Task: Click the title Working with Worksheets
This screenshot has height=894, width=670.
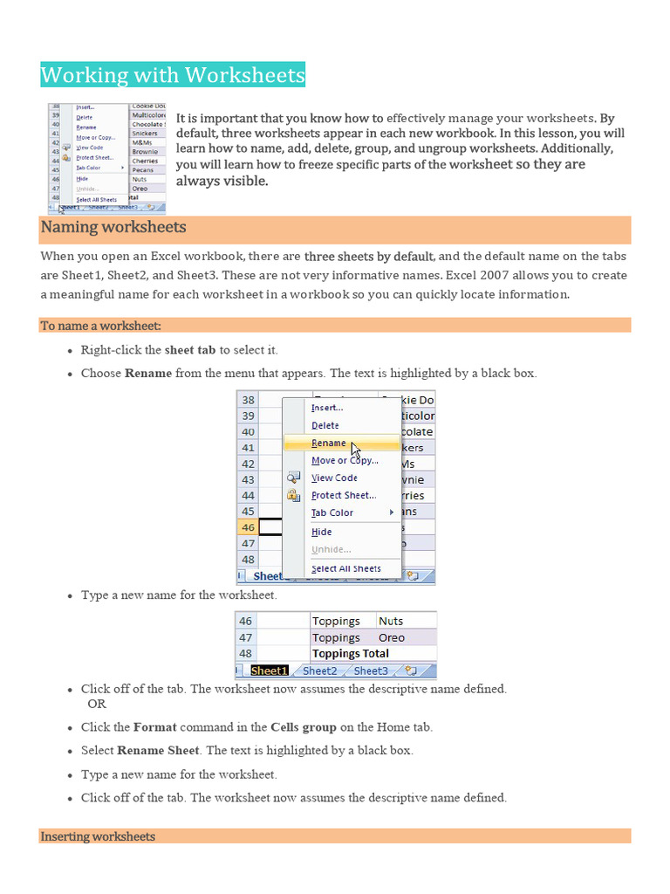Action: pos(173,75)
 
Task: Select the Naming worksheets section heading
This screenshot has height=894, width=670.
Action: pos(113,228)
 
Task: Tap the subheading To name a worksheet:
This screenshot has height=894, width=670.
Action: pos(100,326)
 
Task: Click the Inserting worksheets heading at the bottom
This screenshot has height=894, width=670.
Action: pos(98,836)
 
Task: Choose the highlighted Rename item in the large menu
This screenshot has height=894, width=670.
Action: pos(329,444)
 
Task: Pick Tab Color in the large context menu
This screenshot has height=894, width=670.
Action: pos(332,513)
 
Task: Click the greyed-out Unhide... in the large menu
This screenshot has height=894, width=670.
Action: pos(332,549)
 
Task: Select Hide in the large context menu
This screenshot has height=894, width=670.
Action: pos(322,532)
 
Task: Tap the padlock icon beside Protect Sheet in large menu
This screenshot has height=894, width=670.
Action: pos(293,495)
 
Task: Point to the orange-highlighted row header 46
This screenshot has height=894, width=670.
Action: pos(248,527)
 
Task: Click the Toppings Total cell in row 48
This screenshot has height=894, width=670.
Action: pos(351,653)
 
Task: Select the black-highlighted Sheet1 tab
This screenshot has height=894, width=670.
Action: pos(269,670)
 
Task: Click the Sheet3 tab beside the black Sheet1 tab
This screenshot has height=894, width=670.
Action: pos(371,670)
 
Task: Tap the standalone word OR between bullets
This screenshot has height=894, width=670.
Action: pos(97,704)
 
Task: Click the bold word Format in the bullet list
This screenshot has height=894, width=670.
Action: pos(154,726)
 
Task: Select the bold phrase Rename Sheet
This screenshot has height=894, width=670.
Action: pos(158,750)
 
